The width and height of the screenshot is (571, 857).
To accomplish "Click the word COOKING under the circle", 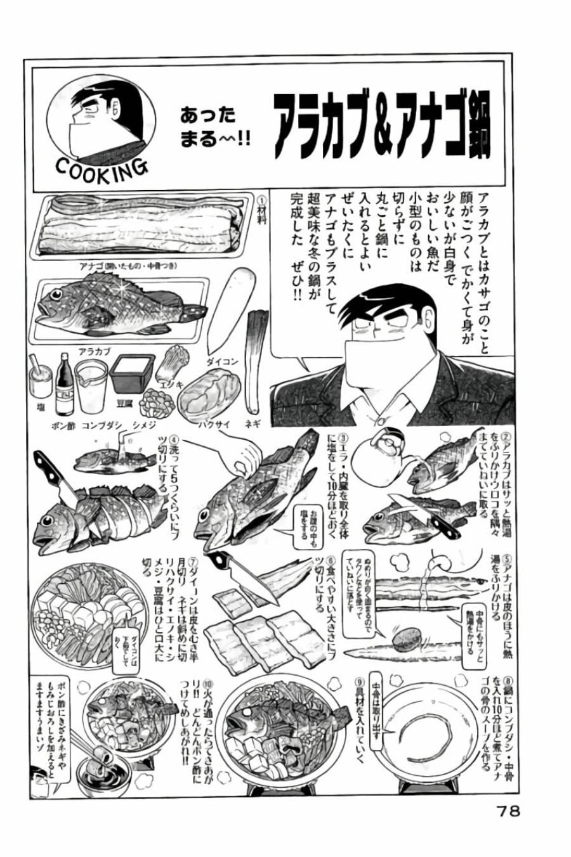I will [102, 168].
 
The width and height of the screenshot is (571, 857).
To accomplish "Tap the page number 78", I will [506, 811].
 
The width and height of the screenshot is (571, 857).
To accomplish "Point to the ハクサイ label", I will [214, 425].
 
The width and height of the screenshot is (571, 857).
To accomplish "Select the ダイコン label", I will [222, 361].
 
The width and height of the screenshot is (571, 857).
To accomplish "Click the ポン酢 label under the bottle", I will [63, 425].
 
